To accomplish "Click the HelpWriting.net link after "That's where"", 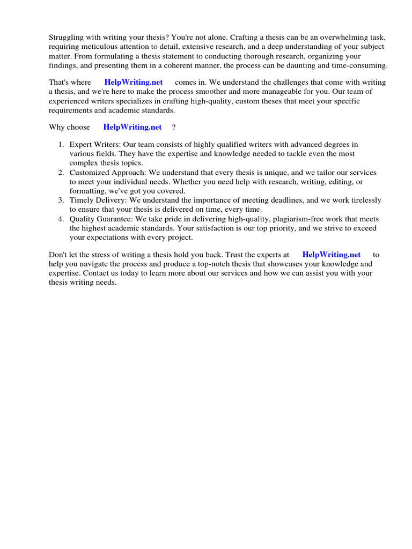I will (134, 82).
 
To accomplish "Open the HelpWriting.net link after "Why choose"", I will (133, 127).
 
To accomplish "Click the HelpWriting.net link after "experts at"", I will (332, 255).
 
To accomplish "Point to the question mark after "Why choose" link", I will (174, 127).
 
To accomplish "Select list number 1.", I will (61, 145).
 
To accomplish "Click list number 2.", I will (61, 173).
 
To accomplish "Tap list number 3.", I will (61, 201).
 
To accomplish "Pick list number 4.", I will (61, 219).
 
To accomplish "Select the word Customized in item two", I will (89, 173).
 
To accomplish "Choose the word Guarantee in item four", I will (114, 219).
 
